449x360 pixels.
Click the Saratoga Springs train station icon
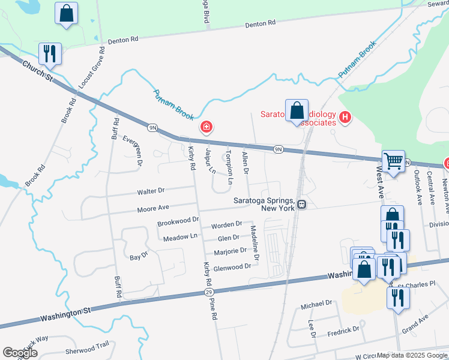pos(302,205)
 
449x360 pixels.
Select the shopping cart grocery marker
pos(393,161)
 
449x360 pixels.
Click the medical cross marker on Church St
pos(206,127)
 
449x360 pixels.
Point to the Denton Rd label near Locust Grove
pos(123,40)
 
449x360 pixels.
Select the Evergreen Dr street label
pos(133,150)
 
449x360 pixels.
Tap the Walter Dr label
pos(151,191)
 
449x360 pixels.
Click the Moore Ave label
pos(153,208)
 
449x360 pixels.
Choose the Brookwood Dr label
pos(178,222)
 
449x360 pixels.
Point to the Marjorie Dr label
pos(231,251)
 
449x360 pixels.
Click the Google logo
pos(20,352)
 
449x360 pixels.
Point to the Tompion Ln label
pos(229,167)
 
